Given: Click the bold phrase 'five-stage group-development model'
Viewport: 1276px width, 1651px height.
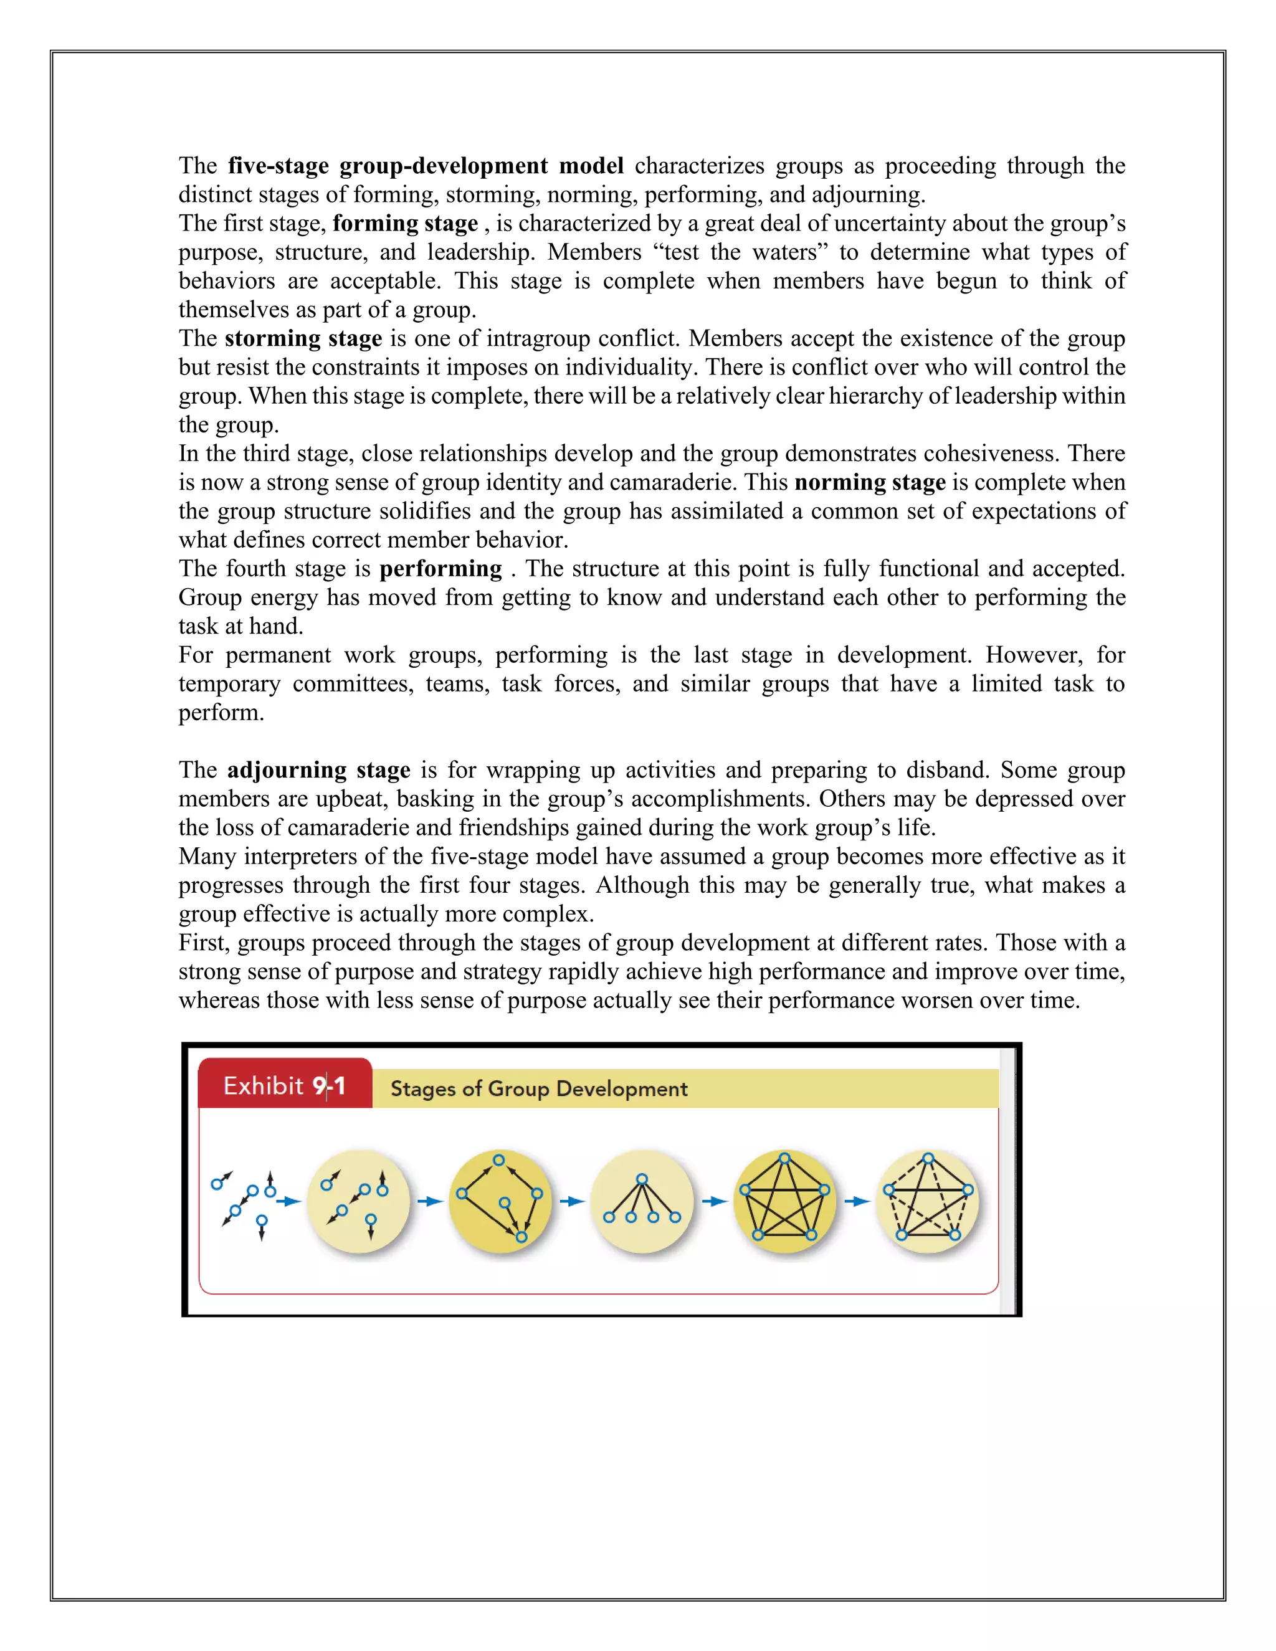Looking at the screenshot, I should pyautogui.click(x=426, y=166).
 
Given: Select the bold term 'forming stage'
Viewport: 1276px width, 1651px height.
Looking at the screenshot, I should pyautogui.click(x=405, y=223).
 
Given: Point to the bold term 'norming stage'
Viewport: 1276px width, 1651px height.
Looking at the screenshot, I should pyautogui.click(x=870, y=482).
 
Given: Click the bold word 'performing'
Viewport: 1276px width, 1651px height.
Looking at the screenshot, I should pyautogui.click(x=440, y=568).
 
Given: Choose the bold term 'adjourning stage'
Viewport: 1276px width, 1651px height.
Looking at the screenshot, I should pyautogui.click(x=318, y=769).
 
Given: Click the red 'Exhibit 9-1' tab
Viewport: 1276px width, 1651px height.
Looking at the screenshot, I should pyautogui.click(x=285, y=1085).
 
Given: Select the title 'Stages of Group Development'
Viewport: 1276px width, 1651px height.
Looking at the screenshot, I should pyautogui.click(x=538, y=1088).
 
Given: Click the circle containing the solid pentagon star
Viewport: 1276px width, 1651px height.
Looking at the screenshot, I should pyautogui.click(x=784, y=1201).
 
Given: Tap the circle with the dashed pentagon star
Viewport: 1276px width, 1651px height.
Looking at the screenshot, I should pyautogui.click(x=928, y=1201).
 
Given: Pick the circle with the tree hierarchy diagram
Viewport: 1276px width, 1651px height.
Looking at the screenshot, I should pyautogui.click(x=642, y=1201).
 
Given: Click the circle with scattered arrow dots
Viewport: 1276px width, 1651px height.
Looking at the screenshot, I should pyautogui.click(x=358, y=1201).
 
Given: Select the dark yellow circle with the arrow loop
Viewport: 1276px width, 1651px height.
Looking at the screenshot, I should pyautogui.click(x=500, y=1201).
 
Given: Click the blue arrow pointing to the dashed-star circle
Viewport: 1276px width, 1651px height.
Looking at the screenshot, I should pyautogui.click(x=857, y=1201).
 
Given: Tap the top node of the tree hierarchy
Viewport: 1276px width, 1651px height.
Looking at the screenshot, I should pyautogui.click(x=642, y=1179).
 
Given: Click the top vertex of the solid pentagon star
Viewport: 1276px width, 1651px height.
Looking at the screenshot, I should pyautogui.click(x=784, y=1159).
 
